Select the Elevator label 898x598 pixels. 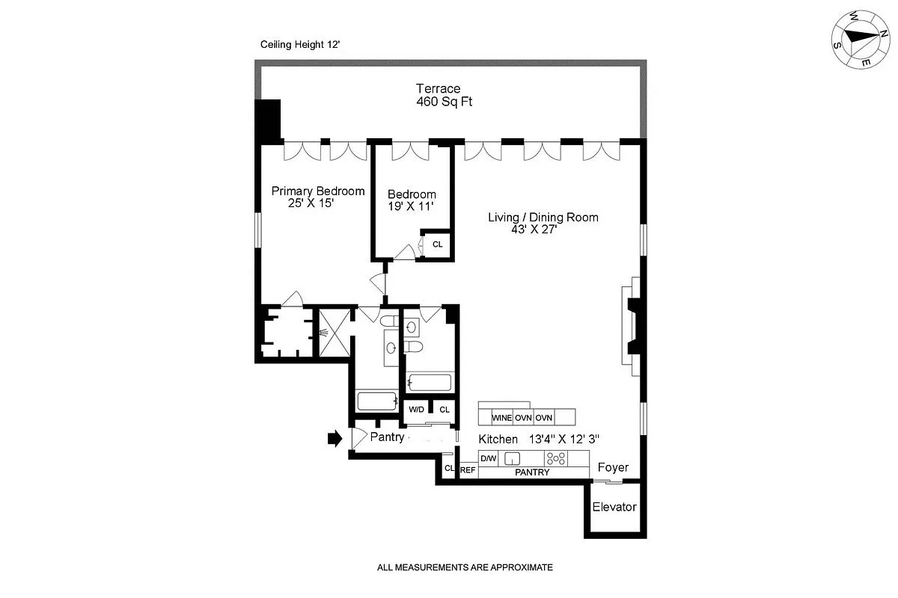(x=614, y=507)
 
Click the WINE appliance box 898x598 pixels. (x=501, y=417)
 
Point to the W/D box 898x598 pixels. (x=415, y=410)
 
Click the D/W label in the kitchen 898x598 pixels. (x=488, y=458)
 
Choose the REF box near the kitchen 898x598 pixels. (x=468, y=469)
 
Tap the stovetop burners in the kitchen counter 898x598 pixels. (x=555, y=459)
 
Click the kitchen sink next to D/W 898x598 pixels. (x=513, y=459)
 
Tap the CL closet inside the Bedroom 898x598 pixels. (x=437, y=244)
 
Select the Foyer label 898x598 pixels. (x=612, y=468)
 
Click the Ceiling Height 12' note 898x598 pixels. (x=299, y=45)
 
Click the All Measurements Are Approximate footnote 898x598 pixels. (x=464, y=567)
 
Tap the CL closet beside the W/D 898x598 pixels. (x=444, y=410)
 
